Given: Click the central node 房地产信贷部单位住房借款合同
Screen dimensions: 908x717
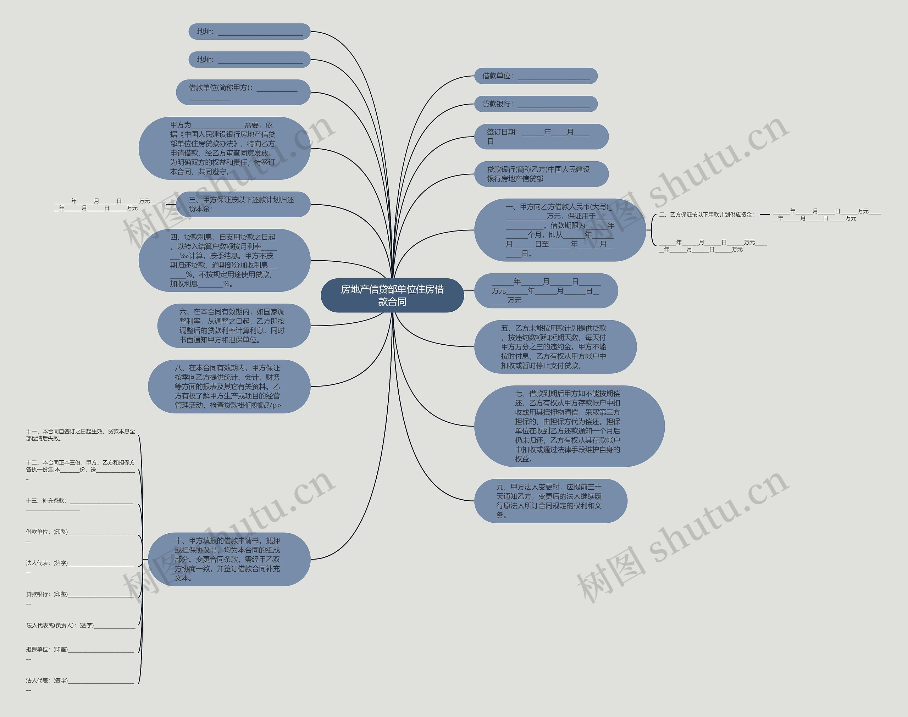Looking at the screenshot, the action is pyautogui.click(x=392, y=295).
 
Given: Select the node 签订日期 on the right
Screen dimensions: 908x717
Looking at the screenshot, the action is pyautogui.click(x=541, y=137).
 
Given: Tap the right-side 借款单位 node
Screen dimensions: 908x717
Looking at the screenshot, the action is pyautogui.click(x=536, y=76).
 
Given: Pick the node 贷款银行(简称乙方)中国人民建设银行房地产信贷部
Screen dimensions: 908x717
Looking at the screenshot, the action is pyautogui.click(x=541, y=174).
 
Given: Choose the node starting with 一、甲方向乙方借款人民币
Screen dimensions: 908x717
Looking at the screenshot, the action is pyautogui.click(x=560, y=230).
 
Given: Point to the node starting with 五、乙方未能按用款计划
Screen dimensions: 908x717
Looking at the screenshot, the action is pyautogui.click(x=555, y=347).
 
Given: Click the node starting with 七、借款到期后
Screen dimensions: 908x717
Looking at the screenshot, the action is pyautogui.click(x=569, y=426).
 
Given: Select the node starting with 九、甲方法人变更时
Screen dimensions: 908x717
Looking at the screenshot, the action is pyautogui.click(x=550, y=501).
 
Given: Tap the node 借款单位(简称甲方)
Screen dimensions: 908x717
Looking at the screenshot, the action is pyautogui.click(x=243, y=92).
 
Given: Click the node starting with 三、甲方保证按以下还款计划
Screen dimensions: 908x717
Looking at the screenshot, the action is pyautogui.click(x=243, y=205).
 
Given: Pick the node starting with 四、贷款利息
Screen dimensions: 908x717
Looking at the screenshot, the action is pyautogui.click(x=224, y=260).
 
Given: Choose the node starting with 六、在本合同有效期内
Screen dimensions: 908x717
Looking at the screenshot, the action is pyautogui.click(x=233, y=326).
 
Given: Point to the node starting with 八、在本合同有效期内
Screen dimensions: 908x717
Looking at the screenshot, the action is pyautogui.click(x=229, y=386).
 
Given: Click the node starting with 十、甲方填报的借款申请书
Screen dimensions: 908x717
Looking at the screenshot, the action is pyautogui.click(x=229, y=559).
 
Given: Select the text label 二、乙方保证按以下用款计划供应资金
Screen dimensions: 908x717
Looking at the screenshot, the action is pyautogui.click(x=707, y=215).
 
